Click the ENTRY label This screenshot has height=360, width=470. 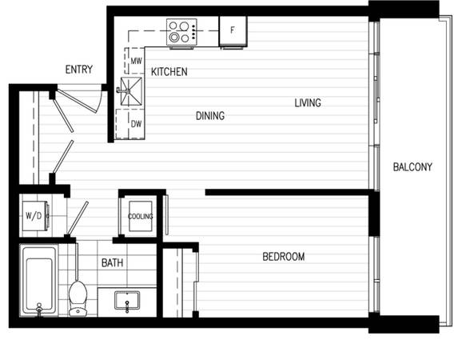pyautogui.click(x=79, y=70)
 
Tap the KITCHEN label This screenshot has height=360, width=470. pyautogui.click(x=169, y=72)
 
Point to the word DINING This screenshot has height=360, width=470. pyautogui.click(x=210, y=115)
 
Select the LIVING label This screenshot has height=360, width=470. pyautogui.click(x=308, y=102)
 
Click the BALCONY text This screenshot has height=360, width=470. pyautogui.click(x=412, y=166)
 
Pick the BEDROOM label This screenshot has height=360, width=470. pyautogui.click(x=284, y=257)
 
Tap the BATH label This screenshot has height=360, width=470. pyautogui.click(x=113, y=262)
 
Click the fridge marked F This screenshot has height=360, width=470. pyautogui.click(x=233, y=31)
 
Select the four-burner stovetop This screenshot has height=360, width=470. pyautogui.click(x=181, y=32)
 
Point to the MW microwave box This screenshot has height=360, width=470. pyautogui.click(x=134, y=61)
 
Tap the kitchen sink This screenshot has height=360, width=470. pyautogui.click(x=131, y=91)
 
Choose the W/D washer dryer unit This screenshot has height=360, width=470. pyautogui.click(x=35, y=216)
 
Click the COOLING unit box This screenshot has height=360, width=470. pyautogui.click(x=141, y=216)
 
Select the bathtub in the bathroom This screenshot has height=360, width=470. pyautogui.click(x=39, y=280)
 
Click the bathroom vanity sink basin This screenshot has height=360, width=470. pyautogui.click(x=127, y=300)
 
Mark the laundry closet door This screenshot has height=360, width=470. pyautogui.click(x=78, y=218)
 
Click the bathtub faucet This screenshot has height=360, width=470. pyautogui.click(x=39, y=308)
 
